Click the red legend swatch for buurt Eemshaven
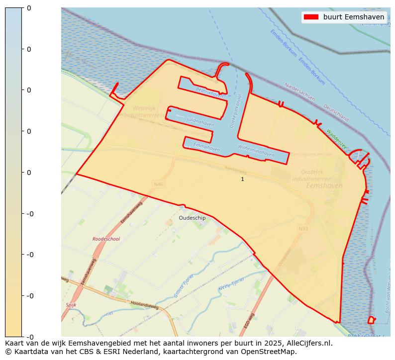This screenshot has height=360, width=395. click(x=310, y=17)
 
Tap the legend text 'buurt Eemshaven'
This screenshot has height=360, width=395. click(x=353, y=17)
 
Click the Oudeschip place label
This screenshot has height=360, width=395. click(x=192, y=218)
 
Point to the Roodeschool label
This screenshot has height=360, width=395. click(x=106, y=239)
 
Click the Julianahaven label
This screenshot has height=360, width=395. click(x=200, y=122)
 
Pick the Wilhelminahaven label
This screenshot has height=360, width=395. click(x=256, y=151)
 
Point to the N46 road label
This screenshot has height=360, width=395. click(x=159, y=184)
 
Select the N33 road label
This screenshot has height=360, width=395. click(x=303, y=229)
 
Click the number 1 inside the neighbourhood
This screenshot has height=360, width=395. click(x=242, y=179)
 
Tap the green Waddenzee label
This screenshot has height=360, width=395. click(x=337, y=139)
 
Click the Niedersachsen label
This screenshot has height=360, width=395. click(x=299, y=92)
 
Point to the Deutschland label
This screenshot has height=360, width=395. click(x=336, y=113)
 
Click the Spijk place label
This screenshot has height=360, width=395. click(x=71, y=305)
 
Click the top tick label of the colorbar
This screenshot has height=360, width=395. click(x=29, y=8)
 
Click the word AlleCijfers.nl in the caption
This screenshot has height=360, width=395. click(x=307, y=343)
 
